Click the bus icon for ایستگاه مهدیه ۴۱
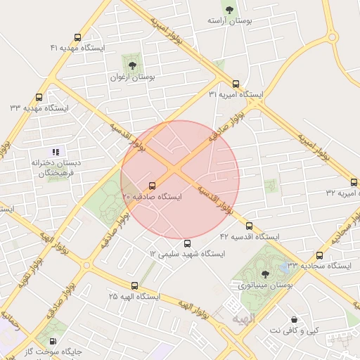click(77, 37)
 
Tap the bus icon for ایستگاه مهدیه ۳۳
click(39, 98)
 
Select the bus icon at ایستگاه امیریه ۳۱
click(236, 83)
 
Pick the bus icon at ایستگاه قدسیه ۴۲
click(249, 226)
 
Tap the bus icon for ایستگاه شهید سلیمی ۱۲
click(186, 243)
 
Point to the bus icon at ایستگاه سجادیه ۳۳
click(319, 256)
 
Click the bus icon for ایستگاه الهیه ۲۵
click(135, 285)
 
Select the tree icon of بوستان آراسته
click(229, 10)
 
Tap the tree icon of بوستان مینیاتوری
click(264, 274)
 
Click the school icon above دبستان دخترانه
click(56, 151)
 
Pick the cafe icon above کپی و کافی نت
click(293, 319)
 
